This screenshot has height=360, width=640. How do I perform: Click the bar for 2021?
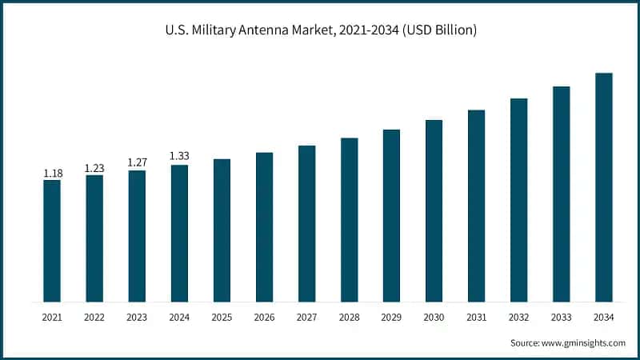pyautogui.click(x=52, y=241)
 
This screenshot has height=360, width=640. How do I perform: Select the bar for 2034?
pyautogui.click(x=604, y=187)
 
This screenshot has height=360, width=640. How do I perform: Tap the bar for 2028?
pyautogui.click(x=349, y=220)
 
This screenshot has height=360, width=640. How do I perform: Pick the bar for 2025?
pyautogui.click(x=222, y=230)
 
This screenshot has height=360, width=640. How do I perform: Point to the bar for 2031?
pyautogui.click(x=477, y=206)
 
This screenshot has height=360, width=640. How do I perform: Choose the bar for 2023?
pyautogui.click(x=137, y=236)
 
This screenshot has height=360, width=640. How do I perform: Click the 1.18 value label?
pyautogui.click(x=52, y=173)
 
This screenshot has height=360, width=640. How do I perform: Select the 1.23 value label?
pyautogui.click(x=94, y=168)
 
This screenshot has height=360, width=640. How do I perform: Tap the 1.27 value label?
pyautogui.click(x=137, y=163)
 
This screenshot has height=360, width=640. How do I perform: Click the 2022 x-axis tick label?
pyautogui.click(x=94, y=318)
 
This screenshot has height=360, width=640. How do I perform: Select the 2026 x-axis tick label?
pyautogui.click(x=264, y=318)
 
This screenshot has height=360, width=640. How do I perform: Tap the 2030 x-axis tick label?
pyautogui.click(x=434, y=318)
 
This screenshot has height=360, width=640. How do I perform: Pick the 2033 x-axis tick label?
pyautogui.click(x=562, y=318)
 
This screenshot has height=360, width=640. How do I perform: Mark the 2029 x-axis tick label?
pyautogui.click(x=391, y=318)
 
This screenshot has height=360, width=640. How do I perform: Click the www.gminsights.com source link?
pyautogui.click(x=583, y=343)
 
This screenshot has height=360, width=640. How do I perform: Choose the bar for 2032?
pyautogui.click(x=519, y=200)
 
